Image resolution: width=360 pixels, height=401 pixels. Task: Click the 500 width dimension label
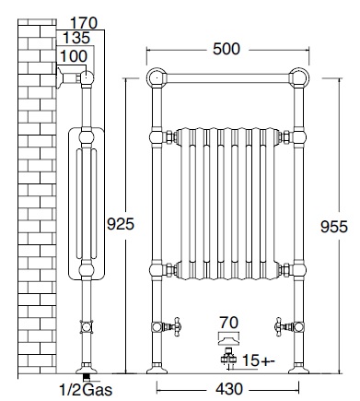pos(226,49)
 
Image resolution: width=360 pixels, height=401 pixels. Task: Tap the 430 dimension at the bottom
pos(229,389)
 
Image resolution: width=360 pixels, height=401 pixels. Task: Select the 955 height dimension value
pos(334,227)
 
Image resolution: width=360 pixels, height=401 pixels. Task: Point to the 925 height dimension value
pos(121,224)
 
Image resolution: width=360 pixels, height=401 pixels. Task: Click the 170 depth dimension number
pos(84,23)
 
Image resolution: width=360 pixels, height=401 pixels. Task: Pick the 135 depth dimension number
pos(76,38)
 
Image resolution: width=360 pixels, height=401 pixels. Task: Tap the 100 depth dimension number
pos(74,56)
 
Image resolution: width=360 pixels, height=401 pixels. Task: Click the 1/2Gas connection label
pos(86,390)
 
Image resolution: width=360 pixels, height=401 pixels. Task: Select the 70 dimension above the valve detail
pos(229,323)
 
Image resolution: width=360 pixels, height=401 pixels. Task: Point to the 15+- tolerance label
pos(259,360)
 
